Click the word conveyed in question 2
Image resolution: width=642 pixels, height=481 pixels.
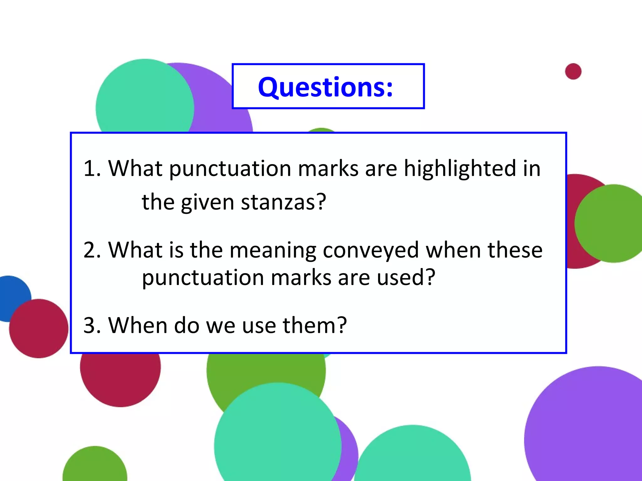371,251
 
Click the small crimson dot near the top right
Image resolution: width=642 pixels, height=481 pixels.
573,71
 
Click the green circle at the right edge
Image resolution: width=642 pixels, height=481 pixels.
611,223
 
